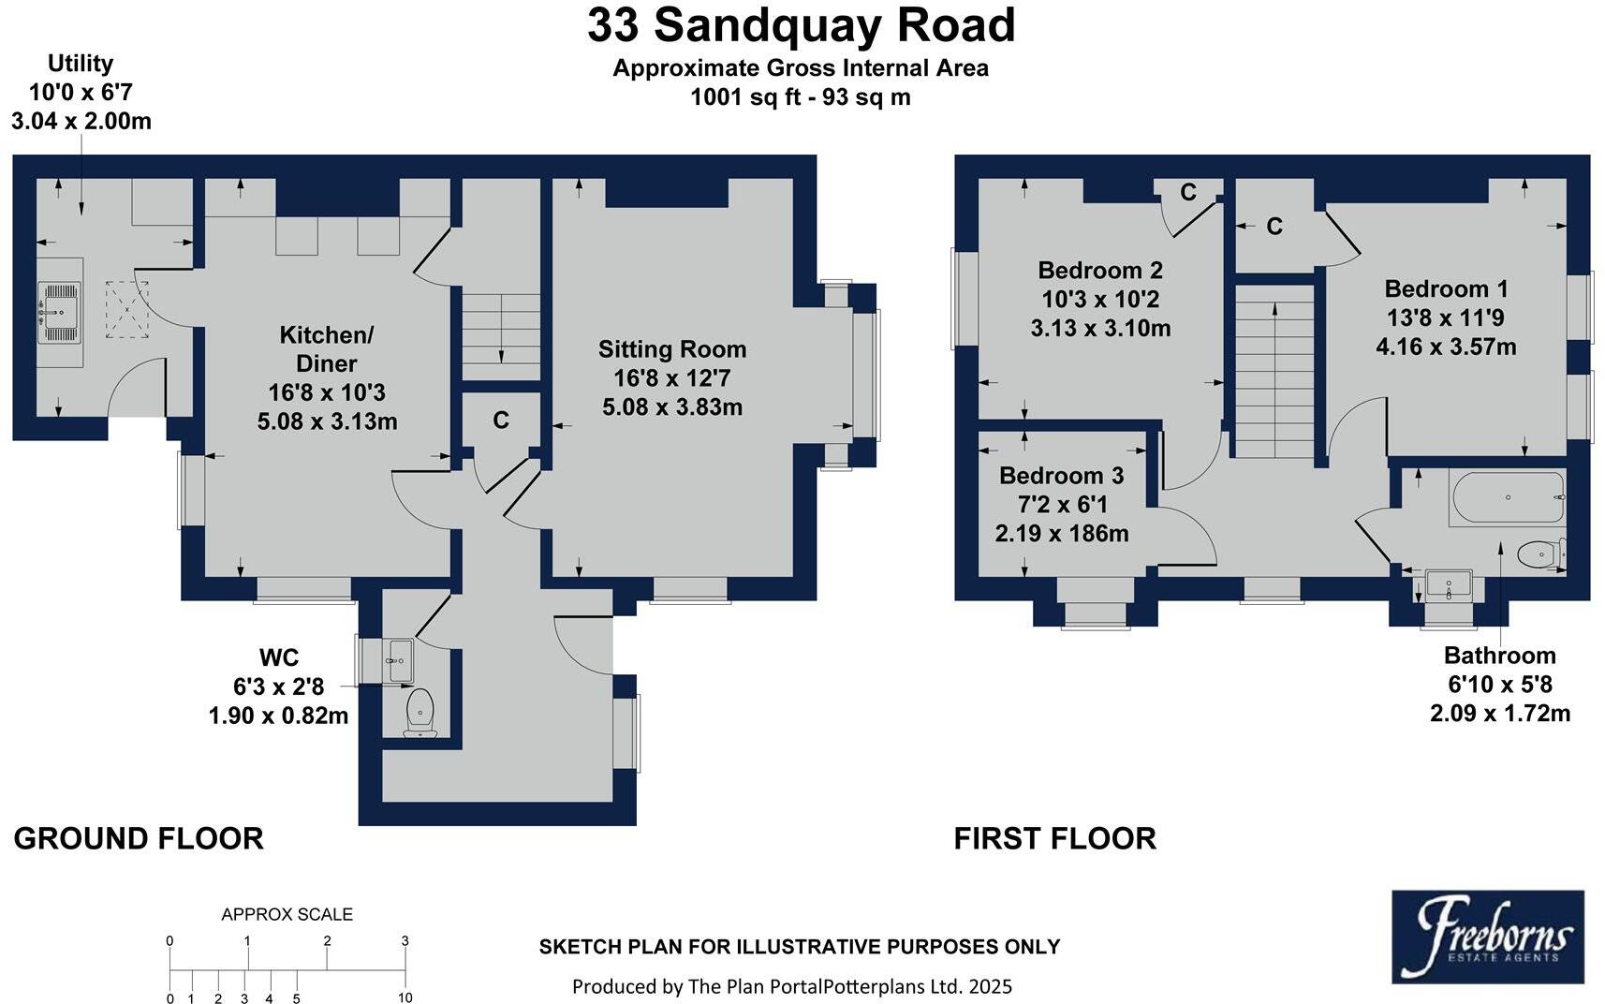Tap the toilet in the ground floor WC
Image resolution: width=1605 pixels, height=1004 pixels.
(x=419, y=712)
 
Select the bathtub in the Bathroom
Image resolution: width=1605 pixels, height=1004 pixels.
(x=1507, y=498)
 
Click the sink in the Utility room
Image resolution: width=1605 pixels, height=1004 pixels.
(x=60, y=311)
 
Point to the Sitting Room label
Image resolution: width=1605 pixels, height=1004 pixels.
(x=672, y=349)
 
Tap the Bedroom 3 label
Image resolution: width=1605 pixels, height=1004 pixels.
(x=1061, y=476)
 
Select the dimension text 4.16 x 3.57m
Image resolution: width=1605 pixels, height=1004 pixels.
(x=1446, y=347)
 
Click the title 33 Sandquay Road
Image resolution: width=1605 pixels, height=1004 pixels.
(x=801, y=26)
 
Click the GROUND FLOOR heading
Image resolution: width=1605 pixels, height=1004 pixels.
(x=139, y=838)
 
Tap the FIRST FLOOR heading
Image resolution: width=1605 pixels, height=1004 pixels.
(x=1054, y=838)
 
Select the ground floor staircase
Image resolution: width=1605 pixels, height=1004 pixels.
(x=501, y=332)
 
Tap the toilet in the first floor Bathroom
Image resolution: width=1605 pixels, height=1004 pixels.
(x=1539, y=554)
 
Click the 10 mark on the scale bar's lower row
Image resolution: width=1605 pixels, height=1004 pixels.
(x=405, y=997)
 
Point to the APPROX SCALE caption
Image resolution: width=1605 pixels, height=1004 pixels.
(x=287, y=914)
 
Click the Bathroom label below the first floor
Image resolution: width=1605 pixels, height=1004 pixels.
(x=1499, y=656)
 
